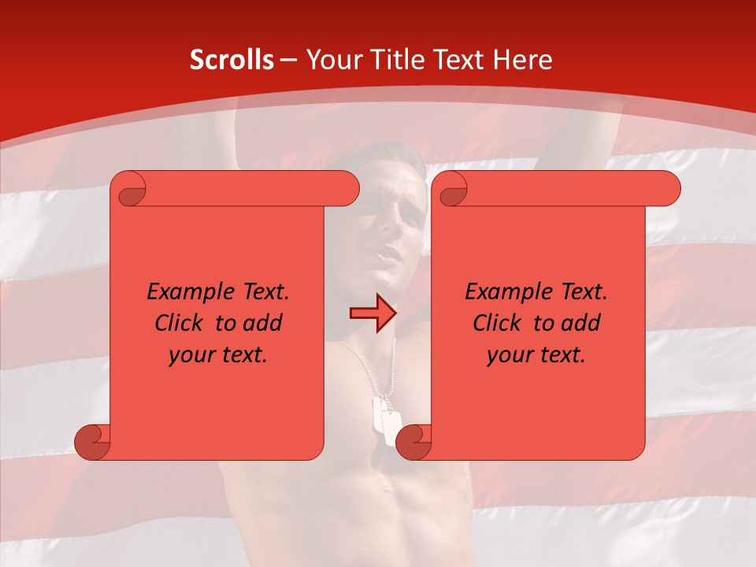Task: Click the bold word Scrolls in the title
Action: pos(232,60)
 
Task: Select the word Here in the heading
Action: pos(522,60)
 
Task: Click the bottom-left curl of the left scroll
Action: pos(92,442)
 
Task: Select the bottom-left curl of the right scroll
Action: pos(413,442)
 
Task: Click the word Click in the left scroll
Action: pos(182,323)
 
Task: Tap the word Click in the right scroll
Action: pos(500,323)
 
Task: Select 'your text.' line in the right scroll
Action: pos(536,354)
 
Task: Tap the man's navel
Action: pos(386,484)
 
